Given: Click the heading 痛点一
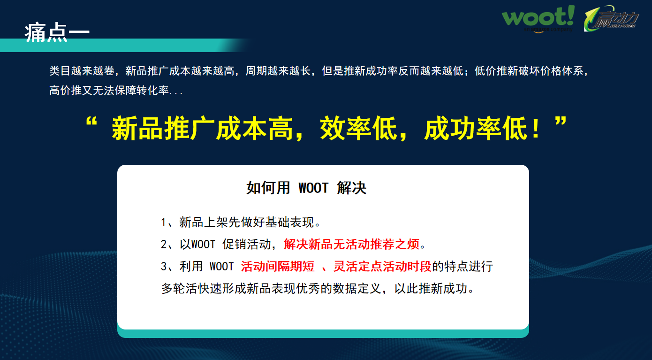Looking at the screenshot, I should (x=57, y=32).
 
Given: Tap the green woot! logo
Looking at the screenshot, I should (x=538, y=19).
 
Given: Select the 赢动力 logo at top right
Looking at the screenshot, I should (x=612, y=20).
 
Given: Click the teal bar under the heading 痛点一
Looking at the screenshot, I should (x=122, y=46).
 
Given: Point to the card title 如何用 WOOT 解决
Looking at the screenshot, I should (x=306, y=188).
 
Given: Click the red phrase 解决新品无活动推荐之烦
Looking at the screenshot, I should (x=351, y=245).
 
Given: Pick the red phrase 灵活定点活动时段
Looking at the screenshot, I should (x=382, y=267).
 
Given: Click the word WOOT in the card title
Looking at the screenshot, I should (x=313, y=188).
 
